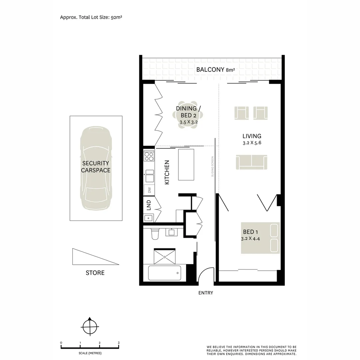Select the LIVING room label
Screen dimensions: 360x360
coord(252,136)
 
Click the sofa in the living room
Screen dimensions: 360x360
coord(252,162)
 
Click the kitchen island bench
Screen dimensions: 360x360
coord(186,165)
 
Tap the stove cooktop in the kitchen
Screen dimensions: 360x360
coord(149,156)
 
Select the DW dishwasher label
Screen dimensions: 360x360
coord(149,190)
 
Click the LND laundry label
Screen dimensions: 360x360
coord(149,204)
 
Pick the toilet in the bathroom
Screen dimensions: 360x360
coord(155,234)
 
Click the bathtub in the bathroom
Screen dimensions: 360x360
coord(164,273)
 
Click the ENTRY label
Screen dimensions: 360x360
coord(205,293)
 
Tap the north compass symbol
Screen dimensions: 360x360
coord(90,327)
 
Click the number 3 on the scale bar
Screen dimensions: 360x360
coord(119,343)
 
